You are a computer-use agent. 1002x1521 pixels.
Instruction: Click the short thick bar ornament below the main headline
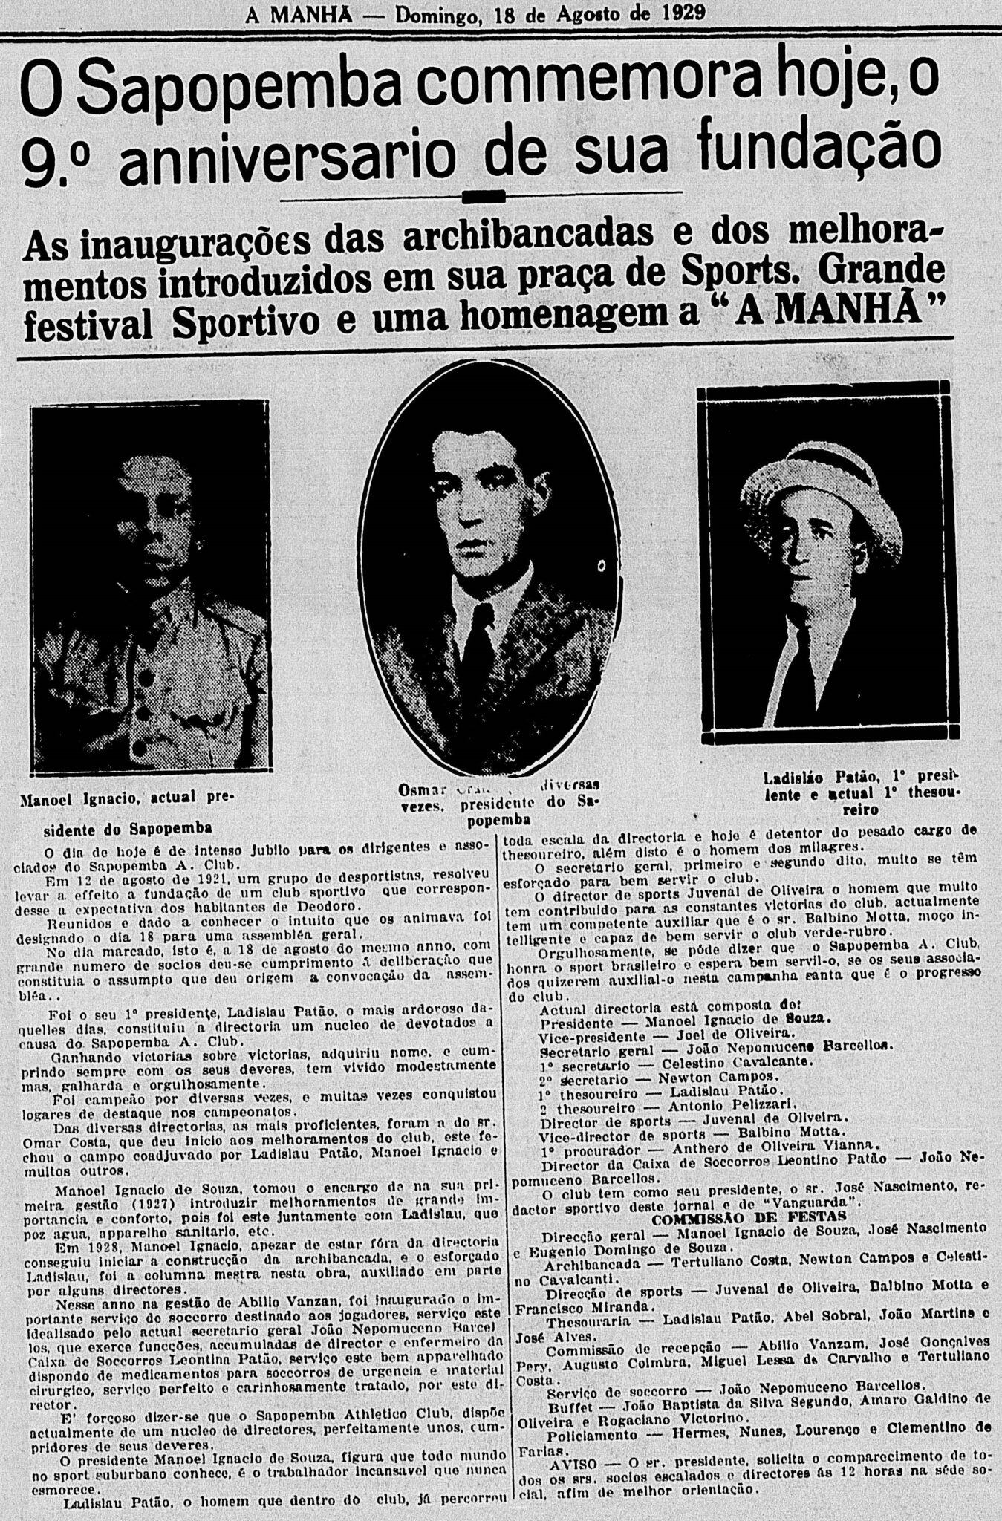483,197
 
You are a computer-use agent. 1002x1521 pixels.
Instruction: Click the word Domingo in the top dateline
437,13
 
